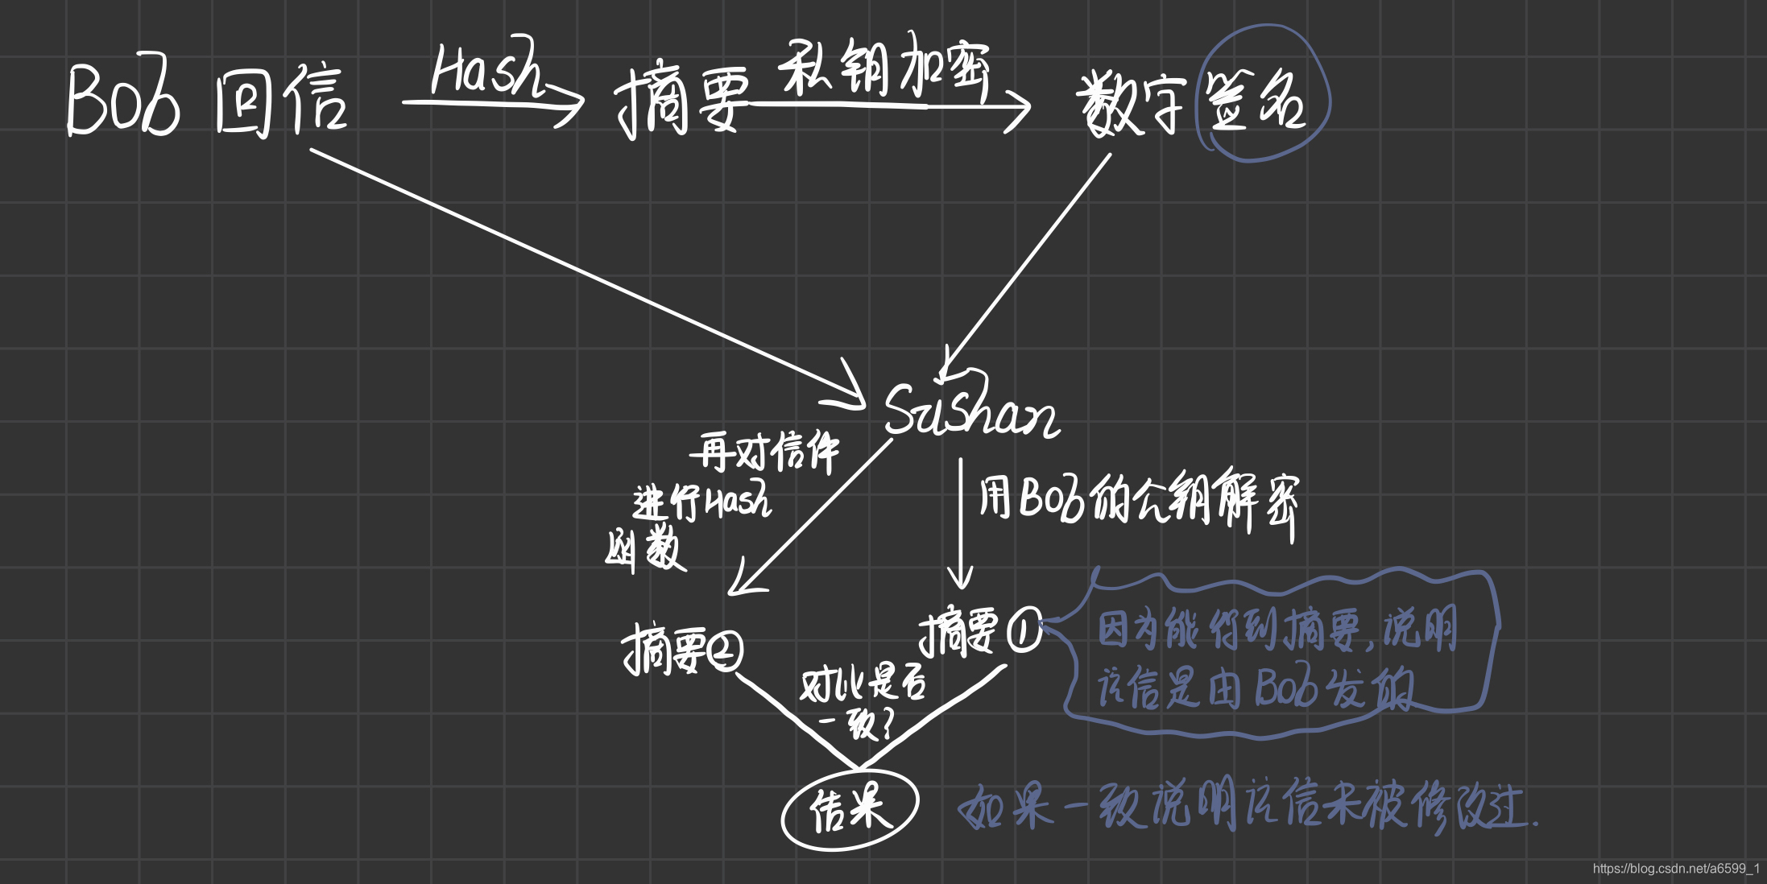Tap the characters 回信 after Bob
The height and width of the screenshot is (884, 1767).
(281, 103)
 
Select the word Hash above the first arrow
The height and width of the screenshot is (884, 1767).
(488, 69)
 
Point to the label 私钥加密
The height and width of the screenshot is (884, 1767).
(883, 68)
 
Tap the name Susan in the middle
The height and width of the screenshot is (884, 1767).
(970, 411)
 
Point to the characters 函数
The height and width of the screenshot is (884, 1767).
(644, 551)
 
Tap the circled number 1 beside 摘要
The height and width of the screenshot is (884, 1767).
(1024, 630)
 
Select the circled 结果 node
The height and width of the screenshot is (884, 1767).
(850, 809)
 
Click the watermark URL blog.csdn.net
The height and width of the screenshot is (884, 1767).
(1675, 869)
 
